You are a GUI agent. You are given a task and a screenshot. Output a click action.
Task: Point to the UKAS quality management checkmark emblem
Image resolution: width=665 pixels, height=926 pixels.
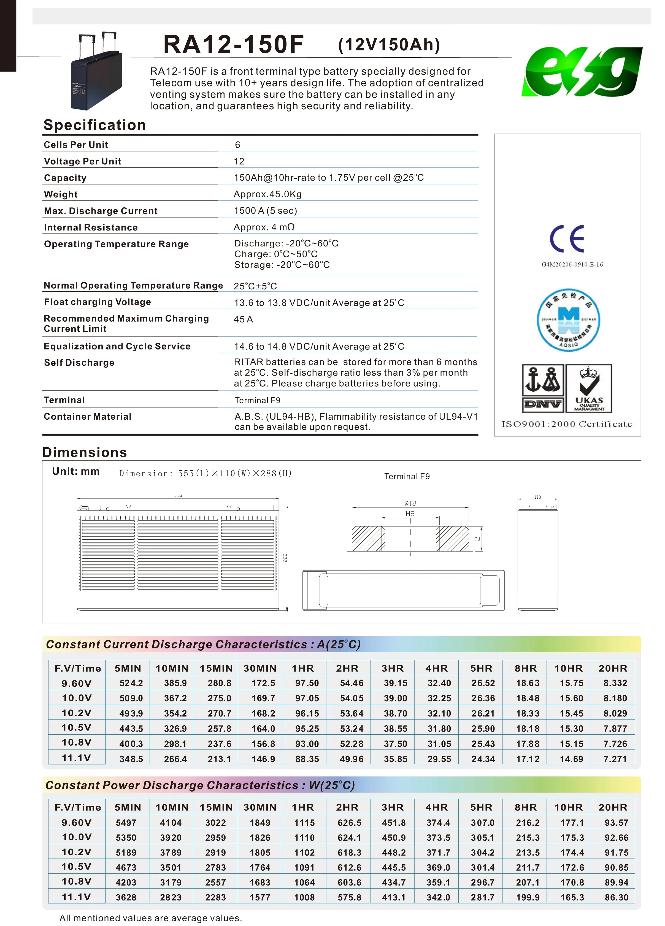(x=589, y=388)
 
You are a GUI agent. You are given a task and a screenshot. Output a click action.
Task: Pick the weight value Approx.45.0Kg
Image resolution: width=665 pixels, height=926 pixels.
(x=267, y=194)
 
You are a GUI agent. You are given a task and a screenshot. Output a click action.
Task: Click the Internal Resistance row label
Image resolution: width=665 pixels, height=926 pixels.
(x=91, y=227)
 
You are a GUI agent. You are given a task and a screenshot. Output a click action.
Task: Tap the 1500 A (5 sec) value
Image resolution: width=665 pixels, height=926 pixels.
(x=265, y=211)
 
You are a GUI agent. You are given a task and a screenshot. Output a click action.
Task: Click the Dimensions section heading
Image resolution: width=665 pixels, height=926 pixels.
(x=85, y=452)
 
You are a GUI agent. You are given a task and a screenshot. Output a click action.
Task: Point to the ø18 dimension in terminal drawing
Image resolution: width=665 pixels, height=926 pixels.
(x=410, y=503)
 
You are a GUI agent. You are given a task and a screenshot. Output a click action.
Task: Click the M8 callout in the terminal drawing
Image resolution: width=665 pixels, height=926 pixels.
(x=410, y=514)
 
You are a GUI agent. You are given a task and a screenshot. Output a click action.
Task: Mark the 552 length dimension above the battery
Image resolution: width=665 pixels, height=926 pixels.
(x=178, y=496)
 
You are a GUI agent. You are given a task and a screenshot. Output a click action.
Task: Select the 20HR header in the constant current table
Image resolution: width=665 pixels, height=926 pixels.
(x=613, y=668)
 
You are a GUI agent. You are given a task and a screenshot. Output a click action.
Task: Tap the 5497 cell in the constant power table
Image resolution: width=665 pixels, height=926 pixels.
(x=126, y=823)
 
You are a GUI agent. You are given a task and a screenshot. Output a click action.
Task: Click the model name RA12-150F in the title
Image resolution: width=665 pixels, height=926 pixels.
(x=234, y=45)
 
